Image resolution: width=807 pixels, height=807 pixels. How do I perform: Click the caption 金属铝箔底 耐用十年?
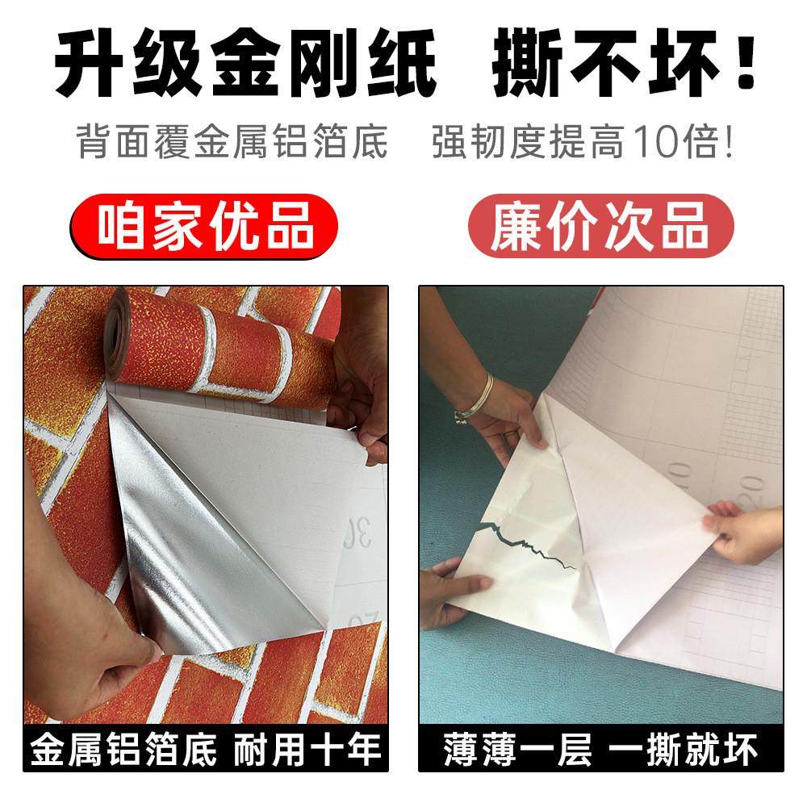pyautogui.click(x=205, y=749)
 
